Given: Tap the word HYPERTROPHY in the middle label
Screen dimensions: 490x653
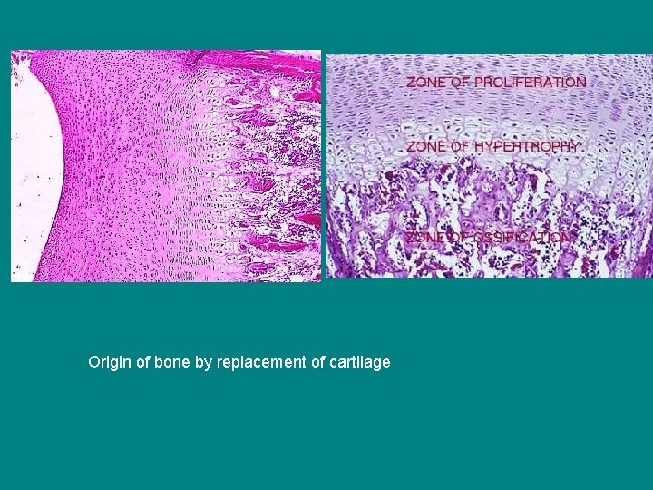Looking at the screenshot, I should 528,146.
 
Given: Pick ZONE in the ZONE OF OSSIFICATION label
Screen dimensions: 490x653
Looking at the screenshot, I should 424,238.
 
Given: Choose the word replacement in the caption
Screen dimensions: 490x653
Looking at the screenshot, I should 259,362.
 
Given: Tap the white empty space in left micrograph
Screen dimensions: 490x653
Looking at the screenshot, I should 31,172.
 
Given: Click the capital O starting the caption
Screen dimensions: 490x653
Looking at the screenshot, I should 93,362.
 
